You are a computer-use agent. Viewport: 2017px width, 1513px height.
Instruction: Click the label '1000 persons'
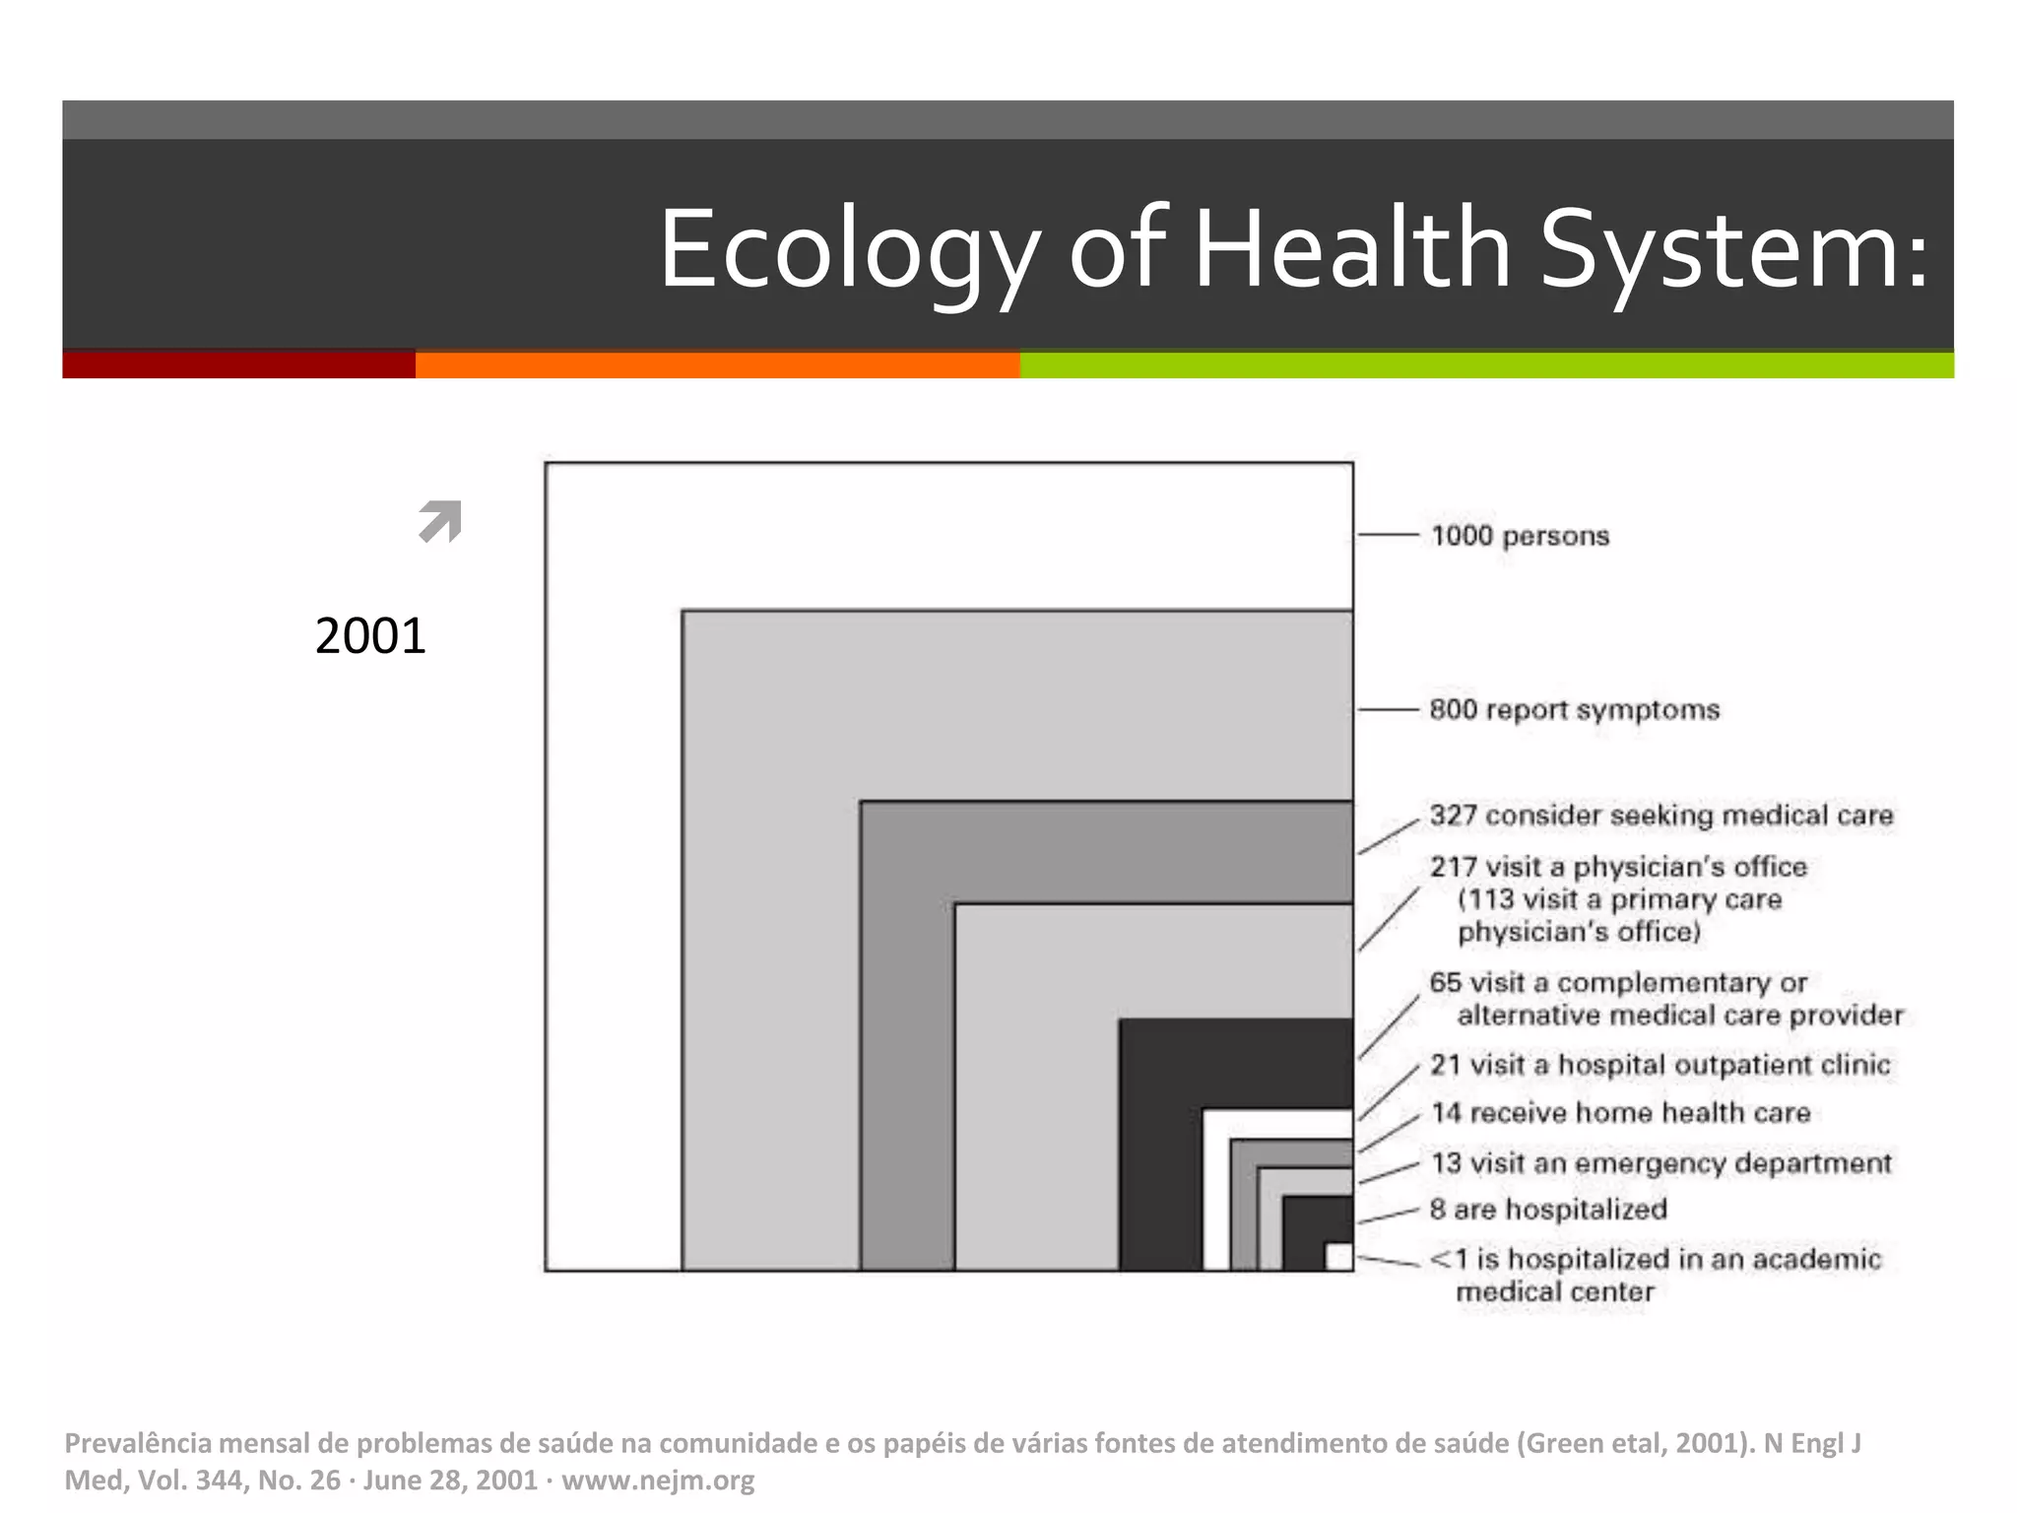tap(1520, 536)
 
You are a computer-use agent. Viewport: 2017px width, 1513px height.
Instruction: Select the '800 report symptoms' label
tap(1574, 709)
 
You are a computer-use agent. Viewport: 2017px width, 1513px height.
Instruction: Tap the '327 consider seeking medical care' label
tap(1661, 816)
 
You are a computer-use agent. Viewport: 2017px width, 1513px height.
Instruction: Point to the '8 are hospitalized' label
tap(1548, 1210)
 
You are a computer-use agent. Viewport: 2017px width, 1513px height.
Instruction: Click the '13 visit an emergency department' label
tap(1660, 1163)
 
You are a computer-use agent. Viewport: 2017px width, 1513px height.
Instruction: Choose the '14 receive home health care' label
tap(1620, 1113)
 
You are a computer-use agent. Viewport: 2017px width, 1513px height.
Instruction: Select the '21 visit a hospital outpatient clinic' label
tap(1659, 1065)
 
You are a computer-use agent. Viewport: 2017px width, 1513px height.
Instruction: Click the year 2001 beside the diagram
tap(370, 635)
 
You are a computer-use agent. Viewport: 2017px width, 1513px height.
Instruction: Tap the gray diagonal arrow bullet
tap(440, 521)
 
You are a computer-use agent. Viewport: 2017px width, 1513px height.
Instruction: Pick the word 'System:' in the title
tap(1733, 248)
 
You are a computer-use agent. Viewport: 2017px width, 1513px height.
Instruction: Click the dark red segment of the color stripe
tap(238, 364)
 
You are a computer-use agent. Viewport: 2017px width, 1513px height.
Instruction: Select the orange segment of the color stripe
tap(717, 364)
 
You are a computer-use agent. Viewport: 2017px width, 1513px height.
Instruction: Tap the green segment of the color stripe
tap(1486, 364)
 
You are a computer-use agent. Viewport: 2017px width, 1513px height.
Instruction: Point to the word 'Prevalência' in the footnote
tap(138, 1443)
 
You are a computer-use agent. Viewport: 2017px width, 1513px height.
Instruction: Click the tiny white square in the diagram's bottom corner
tap(1338, 1257)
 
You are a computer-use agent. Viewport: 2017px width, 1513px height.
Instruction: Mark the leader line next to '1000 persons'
tap(1388, 535)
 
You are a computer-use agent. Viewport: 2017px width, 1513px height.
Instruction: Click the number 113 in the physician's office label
tap(1489, 899)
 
